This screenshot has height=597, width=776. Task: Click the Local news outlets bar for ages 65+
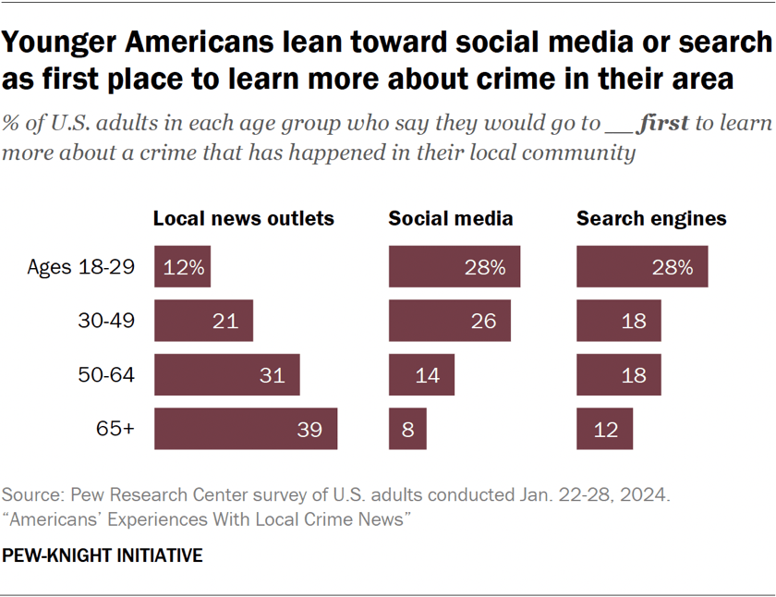tap(246, 429)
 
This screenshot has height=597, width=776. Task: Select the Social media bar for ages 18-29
tap(455, 267)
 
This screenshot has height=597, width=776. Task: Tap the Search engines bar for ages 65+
tap(605, 429)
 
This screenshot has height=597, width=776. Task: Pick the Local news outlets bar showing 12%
tap(183, 267)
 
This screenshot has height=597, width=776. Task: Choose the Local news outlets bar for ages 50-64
tap(227, 375)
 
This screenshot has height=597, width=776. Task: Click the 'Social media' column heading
tap(451, 219)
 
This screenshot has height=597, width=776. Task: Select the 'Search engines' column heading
tap(651, 219)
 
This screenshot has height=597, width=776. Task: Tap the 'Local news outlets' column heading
tap(243, 219)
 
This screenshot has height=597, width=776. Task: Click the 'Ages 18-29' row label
tap(81, 268)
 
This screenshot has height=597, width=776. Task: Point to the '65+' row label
tap(115, 430)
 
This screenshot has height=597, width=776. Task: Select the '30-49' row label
tap(109, 322)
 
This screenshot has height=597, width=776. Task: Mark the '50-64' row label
tap(109, 375)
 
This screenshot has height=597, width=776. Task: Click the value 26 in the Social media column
tap(483, 322)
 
